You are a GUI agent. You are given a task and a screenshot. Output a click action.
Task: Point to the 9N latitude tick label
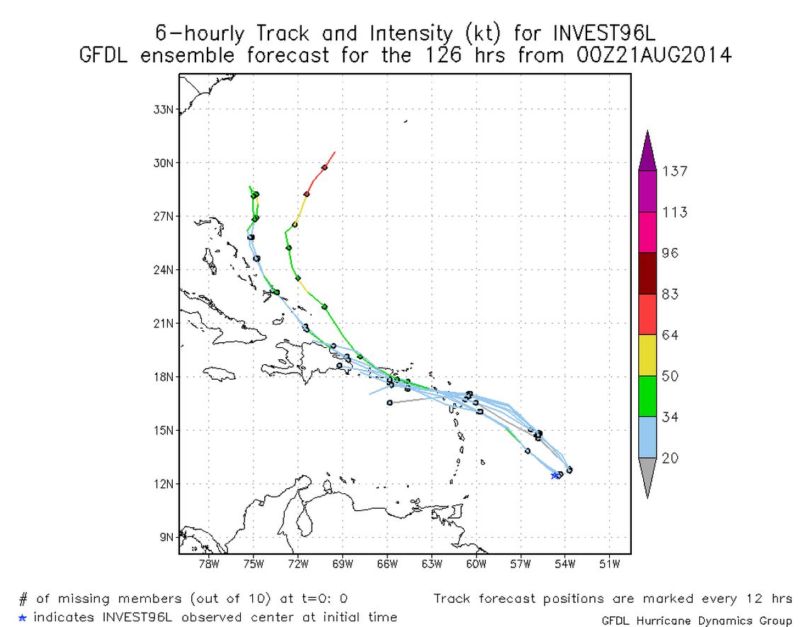(166, 537)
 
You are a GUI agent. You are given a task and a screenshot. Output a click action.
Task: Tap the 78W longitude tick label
(209, 565)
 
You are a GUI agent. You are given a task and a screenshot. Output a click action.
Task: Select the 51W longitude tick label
(610, 565)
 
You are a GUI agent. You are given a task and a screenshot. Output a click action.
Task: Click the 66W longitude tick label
(387, 565)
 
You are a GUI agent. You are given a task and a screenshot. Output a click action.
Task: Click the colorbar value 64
(669, 335)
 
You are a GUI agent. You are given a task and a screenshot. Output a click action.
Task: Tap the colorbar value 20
(669, 458)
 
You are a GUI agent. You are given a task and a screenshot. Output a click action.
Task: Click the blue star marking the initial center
(555, 475)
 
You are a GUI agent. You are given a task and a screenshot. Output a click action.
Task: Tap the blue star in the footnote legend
(23, 618)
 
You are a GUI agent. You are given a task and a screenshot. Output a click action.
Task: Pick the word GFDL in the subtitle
(106, 55)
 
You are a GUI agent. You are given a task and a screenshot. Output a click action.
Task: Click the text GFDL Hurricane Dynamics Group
(696, 621)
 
